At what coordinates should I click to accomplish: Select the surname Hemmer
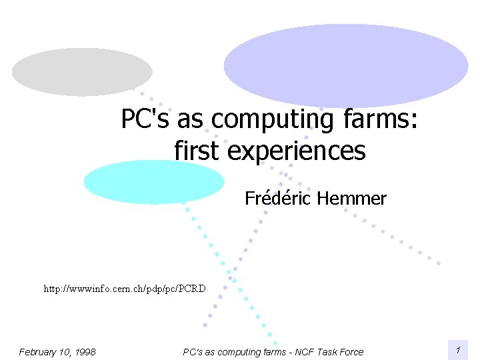[x=352, y=199]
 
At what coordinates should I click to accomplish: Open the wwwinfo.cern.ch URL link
[x=125, y=289]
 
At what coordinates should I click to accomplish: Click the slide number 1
[x=458, y=351]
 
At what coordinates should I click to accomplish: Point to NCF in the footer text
[x=307, y=352]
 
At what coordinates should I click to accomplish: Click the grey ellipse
[x=82, y=72]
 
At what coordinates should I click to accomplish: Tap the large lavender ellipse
[x=346, y=65]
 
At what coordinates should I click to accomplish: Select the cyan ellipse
[x=153, y=181]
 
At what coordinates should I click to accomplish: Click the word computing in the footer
[x=237, y=352]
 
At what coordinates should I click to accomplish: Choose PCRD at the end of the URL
[x=193, y=289]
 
